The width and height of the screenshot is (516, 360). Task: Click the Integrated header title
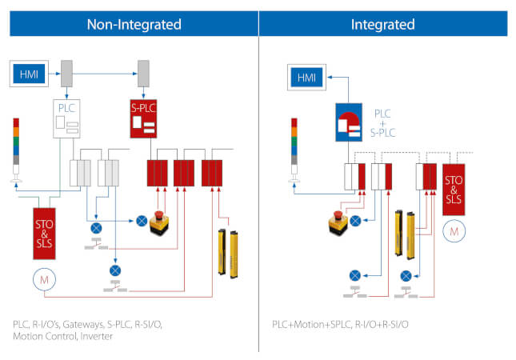point(382,24)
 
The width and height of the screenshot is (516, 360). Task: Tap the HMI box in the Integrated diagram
point(306,78)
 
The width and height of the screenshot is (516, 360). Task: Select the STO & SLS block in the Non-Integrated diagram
point(44,232)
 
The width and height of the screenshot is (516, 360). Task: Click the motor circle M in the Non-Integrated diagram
point(44,278)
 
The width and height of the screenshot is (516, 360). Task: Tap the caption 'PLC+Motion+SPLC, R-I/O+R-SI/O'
point(339,325)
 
